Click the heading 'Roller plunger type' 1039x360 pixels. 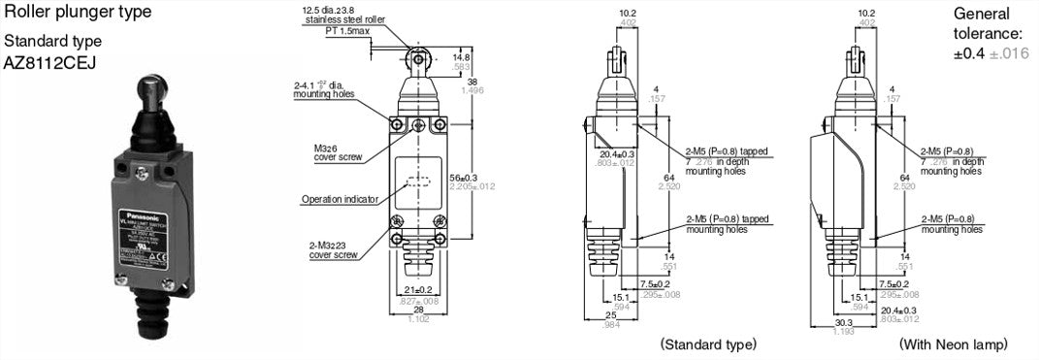78,13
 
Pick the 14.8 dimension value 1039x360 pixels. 462,56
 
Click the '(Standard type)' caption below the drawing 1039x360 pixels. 708,344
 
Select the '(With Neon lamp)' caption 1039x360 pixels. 953,344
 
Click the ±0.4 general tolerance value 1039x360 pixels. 971,53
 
